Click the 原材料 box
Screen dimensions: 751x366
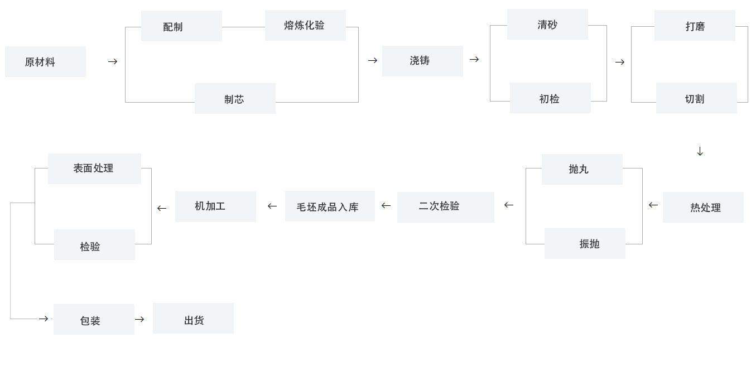[x=45, y=62]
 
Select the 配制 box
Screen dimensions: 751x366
[x=181, y=26]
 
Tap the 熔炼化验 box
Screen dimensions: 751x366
[x=305, y=26]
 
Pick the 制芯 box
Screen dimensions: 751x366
[x=235, y=99]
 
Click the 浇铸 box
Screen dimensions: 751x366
[x=422, y=61]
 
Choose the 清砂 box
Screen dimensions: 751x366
[x=547, y=25]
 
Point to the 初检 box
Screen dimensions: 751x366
[x=550, y=98]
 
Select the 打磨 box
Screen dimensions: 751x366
[x=695, y=26]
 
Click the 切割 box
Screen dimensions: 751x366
[x=696, y=98]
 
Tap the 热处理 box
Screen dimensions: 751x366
[x=703, y=207]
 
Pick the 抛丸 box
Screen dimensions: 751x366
[x=582, y=169]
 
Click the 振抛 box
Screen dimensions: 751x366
[x=585, y=243]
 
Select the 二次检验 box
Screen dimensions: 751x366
[x=446, y=207]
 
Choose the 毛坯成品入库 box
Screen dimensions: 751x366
[x=330, y=206]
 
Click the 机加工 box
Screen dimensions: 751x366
[x=215, y=206]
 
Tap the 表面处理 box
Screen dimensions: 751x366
[x=94, y=168]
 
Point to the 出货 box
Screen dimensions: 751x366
[x=193, y=319]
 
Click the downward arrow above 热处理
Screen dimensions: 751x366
[x=700, y=151]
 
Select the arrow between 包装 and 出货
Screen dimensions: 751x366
[x=139, y=319]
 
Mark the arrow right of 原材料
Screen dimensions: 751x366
[x=113, y=62]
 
